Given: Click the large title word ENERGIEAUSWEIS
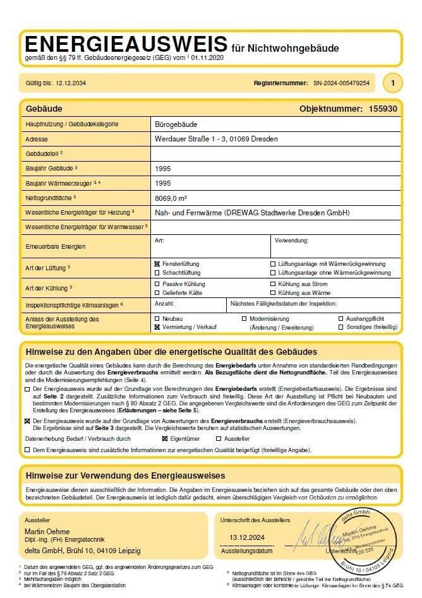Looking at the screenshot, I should tap(125, 45).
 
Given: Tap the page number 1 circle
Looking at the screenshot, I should tap(393, 83).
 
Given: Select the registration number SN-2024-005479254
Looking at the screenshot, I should tap(341, 83).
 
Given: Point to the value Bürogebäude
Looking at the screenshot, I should tap(176, 124).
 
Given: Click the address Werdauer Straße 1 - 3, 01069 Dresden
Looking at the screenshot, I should tap(216, 138).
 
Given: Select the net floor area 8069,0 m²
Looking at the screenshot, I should tap(174, 198).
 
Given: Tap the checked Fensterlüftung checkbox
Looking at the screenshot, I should tap(157, 263).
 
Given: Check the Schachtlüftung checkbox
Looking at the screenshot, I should tap(157, 273).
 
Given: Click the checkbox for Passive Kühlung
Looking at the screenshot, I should tap(157, 284).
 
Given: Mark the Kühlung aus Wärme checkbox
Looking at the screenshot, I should tap(273, 293).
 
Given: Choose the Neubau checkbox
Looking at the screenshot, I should tap(157, 319).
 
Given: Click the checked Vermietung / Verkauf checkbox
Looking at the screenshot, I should tap(157, 328).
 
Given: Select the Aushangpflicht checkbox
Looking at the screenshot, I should tap(341, 319).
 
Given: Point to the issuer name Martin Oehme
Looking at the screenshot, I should tap(47, 532).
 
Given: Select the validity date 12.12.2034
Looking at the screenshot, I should tap(71, 83).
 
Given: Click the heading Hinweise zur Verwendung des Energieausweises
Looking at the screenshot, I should tap(125, 475).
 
